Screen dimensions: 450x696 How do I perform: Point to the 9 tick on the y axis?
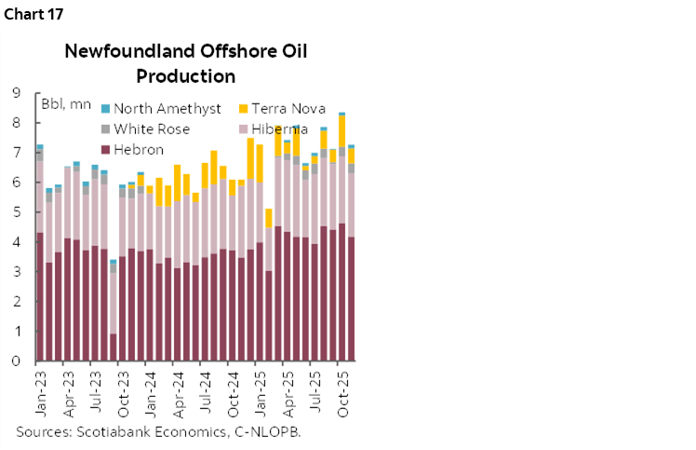17,93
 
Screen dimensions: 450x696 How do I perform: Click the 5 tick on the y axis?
17,212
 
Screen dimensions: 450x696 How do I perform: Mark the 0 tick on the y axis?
17,361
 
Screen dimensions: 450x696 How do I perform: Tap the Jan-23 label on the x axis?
40,392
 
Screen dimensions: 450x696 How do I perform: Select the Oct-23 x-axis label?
123,392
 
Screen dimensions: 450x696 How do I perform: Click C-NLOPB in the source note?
265,431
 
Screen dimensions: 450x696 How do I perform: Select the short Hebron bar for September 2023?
114,347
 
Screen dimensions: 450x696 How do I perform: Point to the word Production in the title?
186,75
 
